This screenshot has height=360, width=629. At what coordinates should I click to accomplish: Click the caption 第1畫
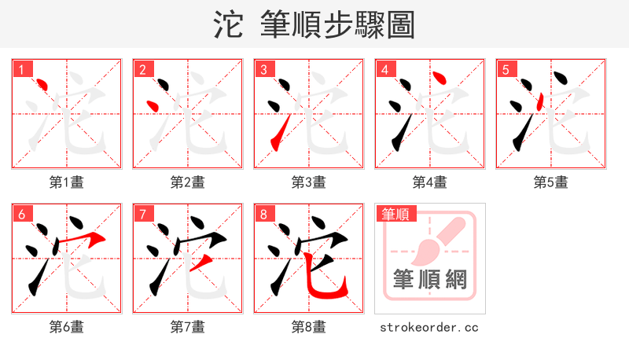pos(67,182)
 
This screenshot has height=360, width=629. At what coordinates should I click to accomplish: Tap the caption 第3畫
pos(309,182)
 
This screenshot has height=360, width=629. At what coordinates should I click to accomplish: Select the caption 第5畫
pos(551,182)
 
